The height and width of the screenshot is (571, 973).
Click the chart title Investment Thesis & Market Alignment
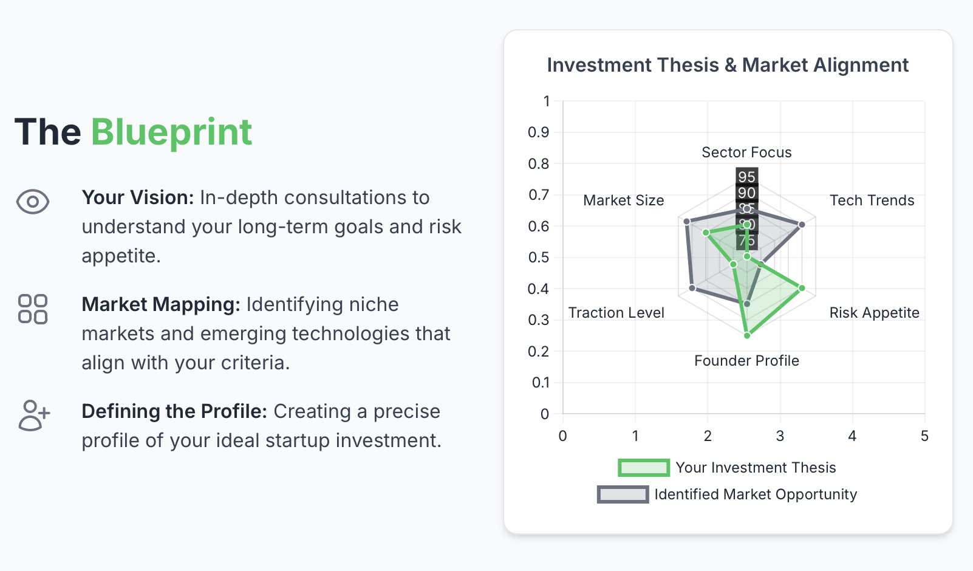pyautogui.click(x=727, y=65)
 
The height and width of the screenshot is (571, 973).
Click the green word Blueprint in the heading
pyautogui.click(x=171, y=132)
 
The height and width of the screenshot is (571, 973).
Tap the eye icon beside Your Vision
pyautogui.click(x=33, y=202)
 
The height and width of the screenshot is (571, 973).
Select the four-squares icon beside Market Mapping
pyautogui.click(x=33, y=309)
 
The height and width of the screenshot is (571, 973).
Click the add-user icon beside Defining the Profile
pyautogui.click(x=34, y=415)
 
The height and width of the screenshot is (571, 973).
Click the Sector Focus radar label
pyautogui.click(x=746, y=152)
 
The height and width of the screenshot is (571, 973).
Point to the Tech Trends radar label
pyautogui.click(x=872, y=200)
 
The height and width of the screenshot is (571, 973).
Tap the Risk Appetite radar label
pyautogui.click(x=874, y=313)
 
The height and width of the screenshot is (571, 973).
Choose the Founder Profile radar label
pyautogui.click(x=746, y=361)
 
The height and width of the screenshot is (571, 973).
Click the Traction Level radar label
pyautogui.click(x=616, y=313)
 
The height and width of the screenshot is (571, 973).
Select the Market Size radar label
pyautogui.click(x=623, y=200)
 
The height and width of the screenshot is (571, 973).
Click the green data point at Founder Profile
pyautogui.click(x=747, y=335)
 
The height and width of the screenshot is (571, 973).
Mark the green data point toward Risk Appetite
pyautogui.click(x=802, y=288)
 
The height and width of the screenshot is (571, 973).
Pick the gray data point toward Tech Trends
pyautogui.click(x=802, y=225)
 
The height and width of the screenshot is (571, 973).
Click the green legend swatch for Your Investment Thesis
pyautogui.click(x=644, y=468)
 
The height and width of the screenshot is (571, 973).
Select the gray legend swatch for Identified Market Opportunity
pyautogui.click(x=623, y=494)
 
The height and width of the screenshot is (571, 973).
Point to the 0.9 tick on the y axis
pyautogui.click(x=538, y=132)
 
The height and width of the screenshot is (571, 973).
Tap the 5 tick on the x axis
pyautogui.click(x=924, y=436)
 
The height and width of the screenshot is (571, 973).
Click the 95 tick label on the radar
pyautogui.click(x=746, y=177)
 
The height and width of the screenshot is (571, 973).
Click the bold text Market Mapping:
pyautogui.click(x=161, y=304)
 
